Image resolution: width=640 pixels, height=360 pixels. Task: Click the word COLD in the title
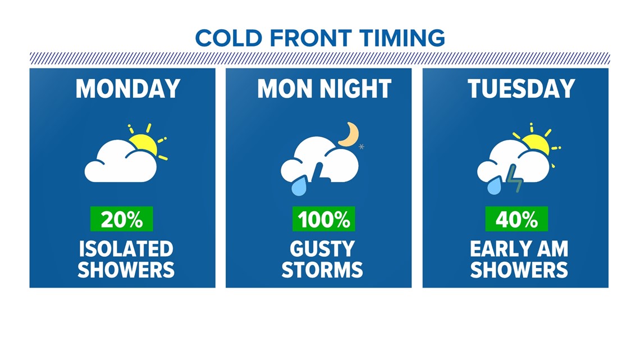[x=228, y=38]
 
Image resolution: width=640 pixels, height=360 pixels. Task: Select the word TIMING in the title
[x=402, y=38]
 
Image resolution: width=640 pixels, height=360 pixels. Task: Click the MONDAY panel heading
[x=128, y=89]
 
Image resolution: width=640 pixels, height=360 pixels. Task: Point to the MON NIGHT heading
[x=324, y=89]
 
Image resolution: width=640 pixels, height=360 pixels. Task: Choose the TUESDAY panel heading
[x=521, y=89]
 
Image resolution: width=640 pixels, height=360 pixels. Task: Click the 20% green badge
[x=122, y=219]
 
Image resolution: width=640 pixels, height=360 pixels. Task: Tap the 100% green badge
[x=324, y=219]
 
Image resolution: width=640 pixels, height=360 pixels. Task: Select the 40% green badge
[x=516, y=219]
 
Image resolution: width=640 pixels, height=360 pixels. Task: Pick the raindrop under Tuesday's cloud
[x=494, y=185]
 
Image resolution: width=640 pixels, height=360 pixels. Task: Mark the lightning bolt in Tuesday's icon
[x=514, y=178]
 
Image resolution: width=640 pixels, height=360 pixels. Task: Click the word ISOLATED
[x=126, y=249]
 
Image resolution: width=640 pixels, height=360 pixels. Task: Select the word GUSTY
[x=322, y=249]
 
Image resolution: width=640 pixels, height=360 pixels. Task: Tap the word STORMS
[x=322, y=270]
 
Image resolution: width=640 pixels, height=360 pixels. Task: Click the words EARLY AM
[x=519, y=249]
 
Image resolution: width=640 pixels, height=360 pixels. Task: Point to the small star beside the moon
[x=361, y=147]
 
